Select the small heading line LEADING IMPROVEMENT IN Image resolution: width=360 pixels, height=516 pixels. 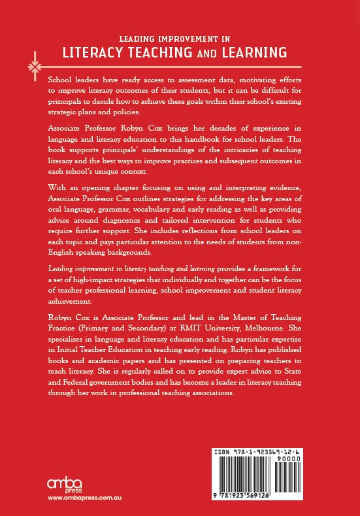(179, 37)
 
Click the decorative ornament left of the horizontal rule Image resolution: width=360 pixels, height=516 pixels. (31, 66)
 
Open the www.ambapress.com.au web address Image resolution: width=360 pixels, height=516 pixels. (86, 499)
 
